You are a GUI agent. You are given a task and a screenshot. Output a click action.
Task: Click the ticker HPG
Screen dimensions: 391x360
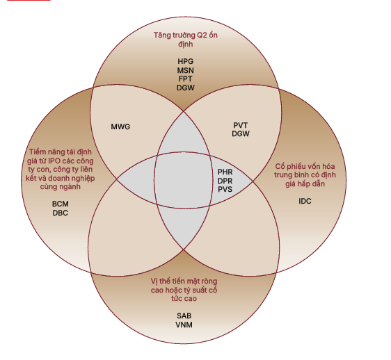(x=185, y=61)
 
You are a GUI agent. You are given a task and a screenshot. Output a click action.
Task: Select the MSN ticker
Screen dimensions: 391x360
(x=185, y=70)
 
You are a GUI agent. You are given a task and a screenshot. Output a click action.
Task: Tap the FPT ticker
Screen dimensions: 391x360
(x=185, y=79)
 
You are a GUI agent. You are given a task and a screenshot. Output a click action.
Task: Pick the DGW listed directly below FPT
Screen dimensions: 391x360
(x=185, y=88)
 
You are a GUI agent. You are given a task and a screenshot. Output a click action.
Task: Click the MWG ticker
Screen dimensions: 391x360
(x=120, y=126)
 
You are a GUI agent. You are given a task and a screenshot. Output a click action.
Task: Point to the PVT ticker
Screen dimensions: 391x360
(x=241, y=125)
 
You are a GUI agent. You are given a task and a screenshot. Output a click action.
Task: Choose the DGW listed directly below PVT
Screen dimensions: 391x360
(x=241, y=134)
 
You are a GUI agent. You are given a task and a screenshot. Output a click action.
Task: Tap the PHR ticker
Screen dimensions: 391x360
(x=225, y=172)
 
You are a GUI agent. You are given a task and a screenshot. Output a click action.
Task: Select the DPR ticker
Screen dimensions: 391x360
(x=225, y=181)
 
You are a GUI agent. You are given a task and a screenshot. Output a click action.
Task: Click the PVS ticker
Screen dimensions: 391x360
(x=225, y=189)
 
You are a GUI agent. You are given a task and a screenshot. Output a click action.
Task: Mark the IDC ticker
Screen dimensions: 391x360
(x=305, y=201)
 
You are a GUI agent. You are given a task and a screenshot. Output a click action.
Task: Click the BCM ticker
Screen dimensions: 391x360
(x=61, y=204)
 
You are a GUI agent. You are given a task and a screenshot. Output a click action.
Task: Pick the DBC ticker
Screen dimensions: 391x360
(x=61, y=213)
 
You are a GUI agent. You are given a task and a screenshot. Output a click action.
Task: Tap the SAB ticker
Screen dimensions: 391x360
(x=184, y=316)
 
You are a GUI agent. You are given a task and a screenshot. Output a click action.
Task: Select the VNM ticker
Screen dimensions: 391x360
(x=184, y=325)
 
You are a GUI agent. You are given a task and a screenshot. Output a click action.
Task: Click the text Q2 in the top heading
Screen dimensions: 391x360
(x=202, y=35)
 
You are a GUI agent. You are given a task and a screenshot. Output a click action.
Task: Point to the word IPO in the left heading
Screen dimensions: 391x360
(x=54, y=161)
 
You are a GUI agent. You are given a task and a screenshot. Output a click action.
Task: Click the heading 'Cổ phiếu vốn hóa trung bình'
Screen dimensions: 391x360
(x=305, y=171)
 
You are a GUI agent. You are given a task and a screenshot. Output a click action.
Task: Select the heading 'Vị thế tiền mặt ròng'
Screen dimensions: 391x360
(x=184, y=281)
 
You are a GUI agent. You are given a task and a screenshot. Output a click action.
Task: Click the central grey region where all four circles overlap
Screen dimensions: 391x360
(x=183, y=180)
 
